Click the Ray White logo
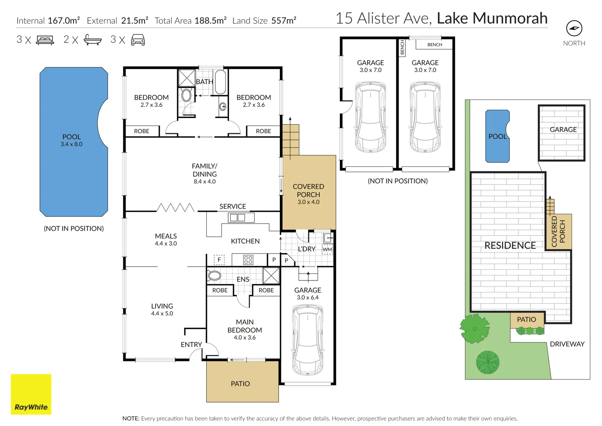[31, 394]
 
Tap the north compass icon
[574, 28]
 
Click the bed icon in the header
[45, 40]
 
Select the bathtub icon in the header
[93, 40]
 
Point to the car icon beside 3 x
[138, 40]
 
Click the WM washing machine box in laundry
[327, 249]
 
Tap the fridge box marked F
[219, 260]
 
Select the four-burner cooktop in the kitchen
[248, 260]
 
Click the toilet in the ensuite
[214, 276]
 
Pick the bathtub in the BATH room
[220, 82]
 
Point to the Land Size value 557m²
[284, 21]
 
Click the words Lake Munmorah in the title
[492, 18]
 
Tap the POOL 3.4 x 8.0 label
[71, 140]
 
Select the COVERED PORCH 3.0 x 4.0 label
[309, 194]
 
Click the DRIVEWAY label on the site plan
[567, 344]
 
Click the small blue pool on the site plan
[498, 136]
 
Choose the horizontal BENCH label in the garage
[434, 45]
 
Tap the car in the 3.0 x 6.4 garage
[308, 340]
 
